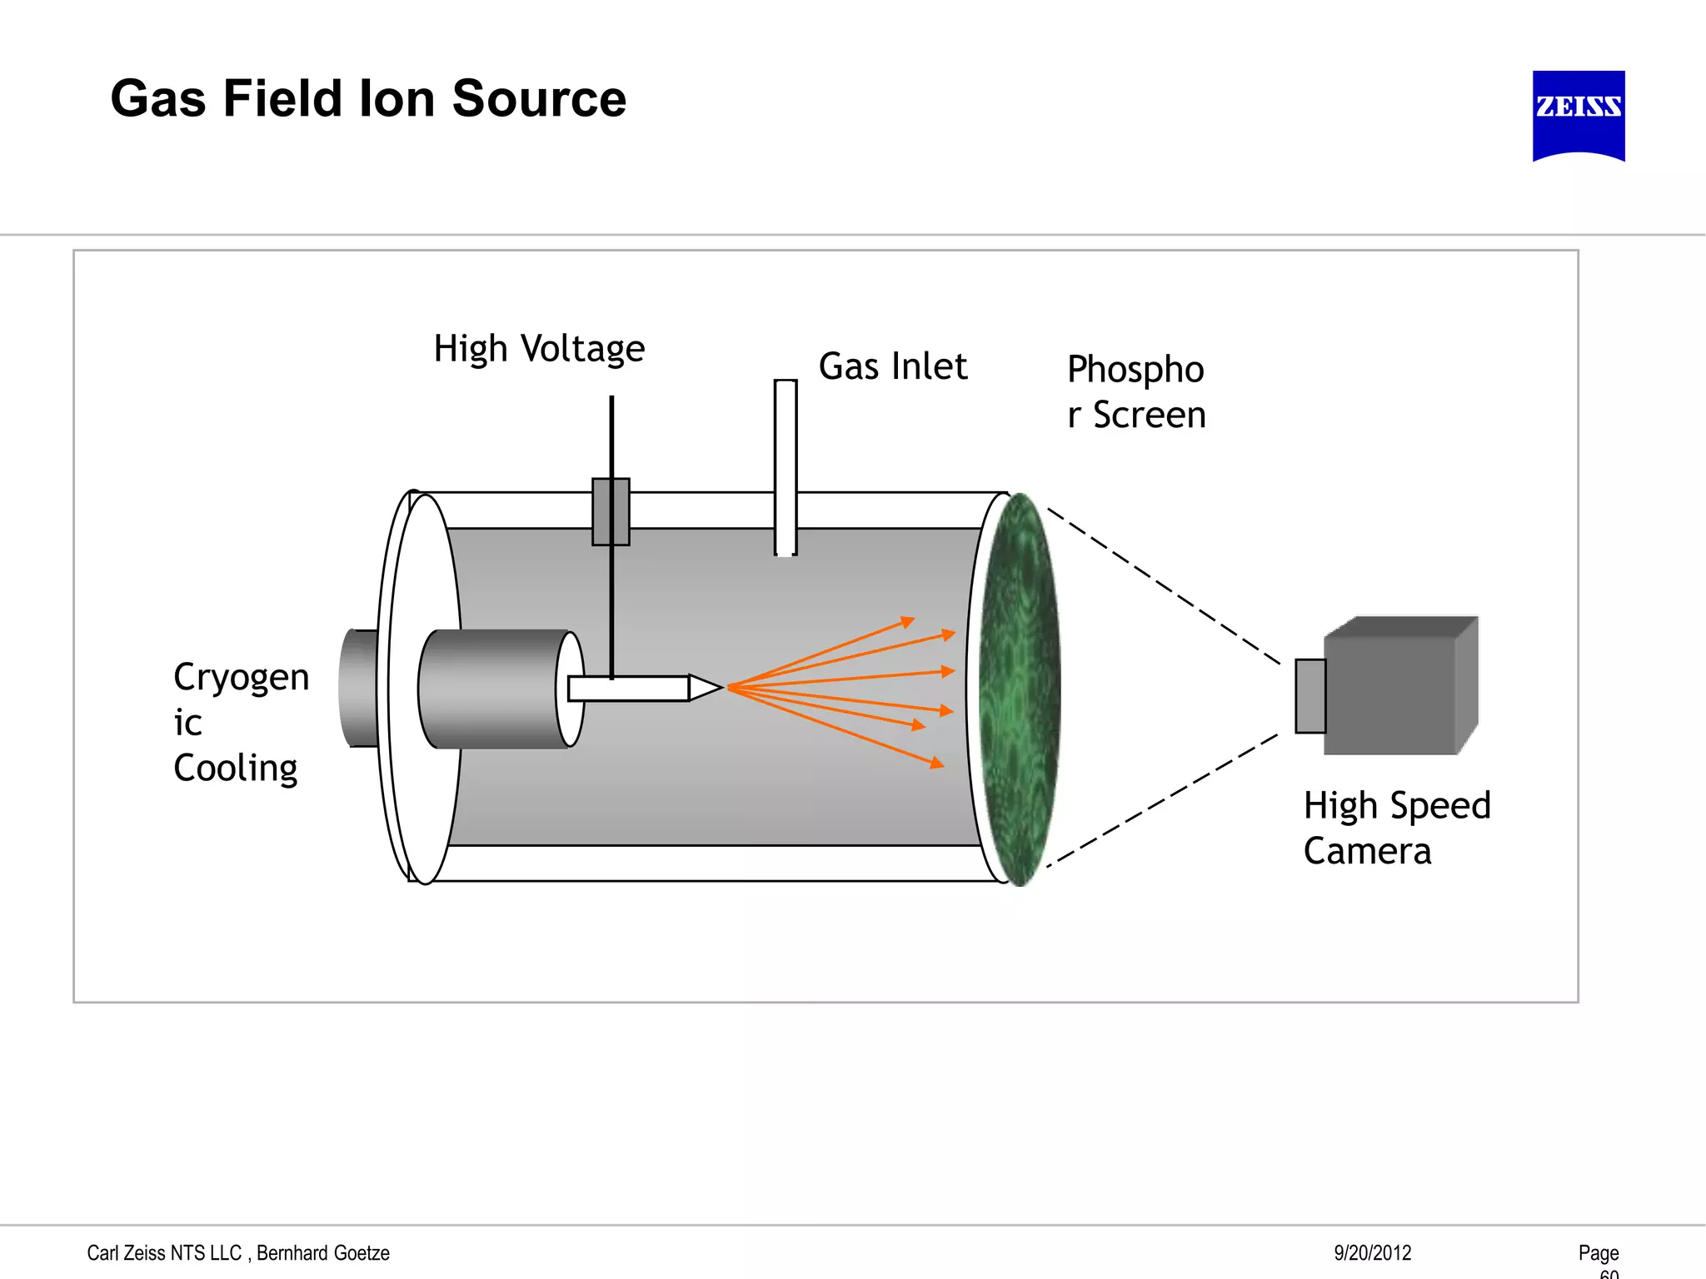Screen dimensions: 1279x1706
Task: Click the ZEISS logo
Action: click(x=1578, y=114)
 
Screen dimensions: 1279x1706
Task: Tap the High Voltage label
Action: click(x=539, y=349)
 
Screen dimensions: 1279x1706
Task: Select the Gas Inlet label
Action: click(x=892, y=367)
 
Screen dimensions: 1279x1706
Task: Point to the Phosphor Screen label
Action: click(x=1135, y=392)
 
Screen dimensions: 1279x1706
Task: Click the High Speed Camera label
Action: click(x=1396, y=829)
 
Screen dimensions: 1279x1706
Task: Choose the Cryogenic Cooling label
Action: click(x=240, y=722)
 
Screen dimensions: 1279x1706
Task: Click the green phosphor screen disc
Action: click(x=1019, y=689)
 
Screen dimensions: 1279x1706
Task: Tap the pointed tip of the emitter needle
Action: click(x=716, y=688)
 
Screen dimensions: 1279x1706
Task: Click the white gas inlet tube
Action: click(x=785, y=466)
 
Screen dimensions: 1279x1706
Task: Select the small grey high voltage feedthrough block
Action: click(x=611, y=511)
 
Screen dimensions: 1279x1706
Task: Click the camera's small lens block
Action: click(x=1310, y=696)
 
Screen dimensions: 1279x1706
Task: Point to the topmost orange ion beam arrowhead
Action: click(x=909, y=621)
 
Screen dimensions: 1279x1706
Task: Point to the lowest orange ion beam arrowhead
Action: click(x=937, y=763)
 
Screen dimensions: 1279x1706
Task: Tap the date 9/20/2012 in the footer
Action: click(x=1372, y=1252)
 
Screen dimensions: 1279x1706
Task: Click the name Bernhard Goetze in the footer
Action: click(x=323, y=1252)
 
